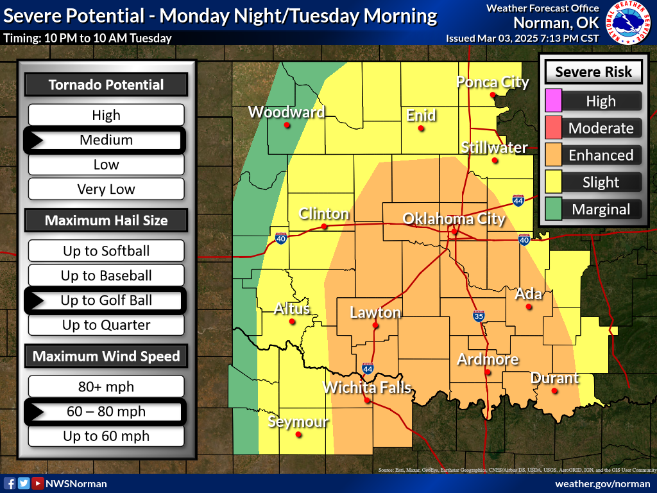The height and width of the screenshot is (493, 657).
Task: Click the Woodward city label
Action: pos(286,112)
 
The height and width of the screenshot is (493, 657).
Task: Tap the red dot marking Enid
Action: pos(421,128)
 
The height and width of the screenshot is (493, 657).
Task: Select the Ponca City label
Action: pos(492,82)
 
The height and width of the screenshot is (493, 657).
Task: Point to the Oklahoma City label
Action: pos(454,219)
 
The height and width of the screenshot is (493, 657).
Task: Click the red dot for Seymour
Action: pos(298,435)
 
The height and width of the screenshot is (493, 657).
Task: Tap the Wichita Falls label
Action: pos(366,388)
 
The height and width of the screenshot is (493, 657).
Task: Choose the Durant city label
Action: pos(554,378)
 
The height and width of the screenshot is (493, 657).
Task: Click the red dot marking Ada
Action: pos(529,307)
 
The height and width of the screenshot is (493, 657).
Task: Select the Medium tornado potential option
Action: pos(106,140)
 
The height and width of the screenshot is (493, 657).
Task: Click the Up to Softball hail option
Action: pos(106,251)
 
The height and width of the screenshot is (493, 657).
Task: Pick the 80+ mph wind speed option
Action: pos(106,387)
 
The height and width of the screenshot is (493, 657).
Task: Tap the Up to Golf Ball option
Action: pos(106,300)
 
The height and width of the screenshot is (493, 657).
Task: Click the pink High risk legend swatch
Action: pos(553,101)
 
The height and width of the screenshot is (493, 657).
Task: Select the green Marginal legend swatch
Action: pos(553,209)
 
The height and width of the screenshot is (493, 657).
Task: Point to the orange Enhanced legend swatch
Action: pos(553,155)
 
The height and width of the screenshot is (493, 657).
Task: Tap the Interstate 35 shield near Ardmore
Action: pos(479,316)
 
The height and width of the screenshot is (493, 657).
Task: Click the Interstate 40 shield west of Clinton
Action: pos(281,239)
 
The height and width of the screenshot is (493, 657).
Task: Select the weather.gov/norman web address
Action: pos(602,483)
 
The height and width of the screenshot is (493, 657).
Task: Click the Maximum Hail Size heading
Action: pos(106,220)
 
